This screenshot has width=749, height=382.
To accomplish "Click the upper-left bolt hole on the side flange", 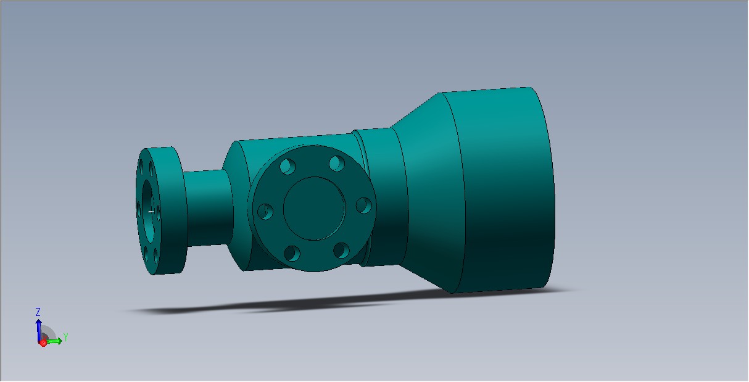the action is tap(288, 166).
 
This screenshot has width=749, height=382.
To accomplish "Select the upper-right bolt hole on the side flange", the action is tap(337, 164).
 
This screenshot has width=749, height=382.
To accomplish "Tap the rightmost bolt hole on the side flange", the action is tap(364, 206).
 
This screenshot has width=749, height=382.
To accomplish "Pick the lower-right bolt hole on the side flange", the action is tap(342, 250).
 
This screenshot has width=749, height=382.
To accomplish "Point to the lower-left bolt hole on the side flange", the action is tap(292, 254).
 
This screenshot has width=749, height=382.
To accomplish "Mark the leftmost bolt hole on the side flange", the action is tap(265, 212).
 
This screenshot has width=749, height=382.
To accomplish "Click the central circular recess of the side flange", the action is tap(315, 209).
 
